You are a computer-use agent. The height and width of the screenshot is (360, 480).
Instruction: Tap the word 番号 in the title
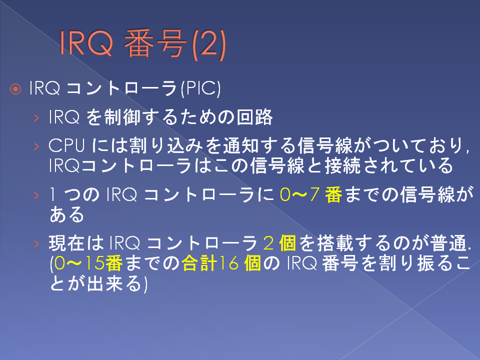pos(155,44)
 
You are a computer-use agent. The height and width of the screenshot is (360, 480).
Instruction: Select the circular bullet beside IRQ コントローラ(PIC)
pos(15,89)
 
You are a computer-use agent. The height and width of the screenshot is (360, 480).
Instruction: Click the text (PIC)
pos(200,88)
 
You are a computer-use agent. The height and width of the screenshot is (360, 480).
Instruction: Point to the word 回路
pos(254,117)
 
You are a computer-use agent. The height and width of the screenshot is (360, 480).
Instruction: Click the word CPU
pos(66,145)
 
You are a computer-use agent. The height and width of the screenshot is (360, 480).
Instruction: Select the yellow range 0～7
pos(300,194)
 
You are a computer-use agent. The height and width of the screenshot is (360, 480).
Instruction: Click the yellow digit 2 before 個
pos(268,243)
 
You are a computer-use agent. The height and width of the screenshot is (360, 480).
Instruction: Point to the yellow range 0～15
pos(79,263)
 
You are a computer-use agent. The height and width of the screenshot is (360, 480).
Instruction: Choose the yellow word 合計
pos(199,263)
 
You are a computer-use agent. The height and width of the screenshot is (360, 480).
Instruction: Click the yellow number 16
pos(229,263)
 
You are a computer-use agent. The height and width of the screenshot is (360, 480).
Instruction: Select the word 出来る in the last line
pos(114,283)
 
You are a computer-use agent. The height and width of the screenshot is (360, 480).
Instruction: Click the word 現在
pos(66,243)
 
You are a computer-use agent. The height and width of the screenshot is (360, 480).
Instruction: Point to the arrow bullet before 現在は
pos(36,243)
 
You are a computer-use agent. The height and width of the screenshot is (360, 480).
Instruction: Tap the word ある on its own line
pos(66,214)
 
